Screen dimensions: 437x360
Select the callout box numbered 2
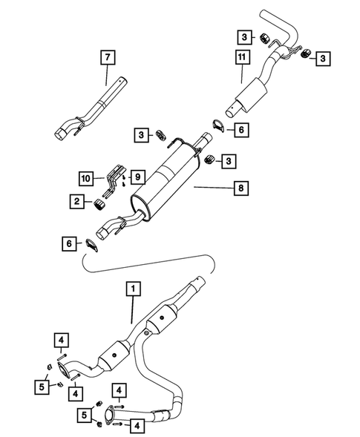[76, 200]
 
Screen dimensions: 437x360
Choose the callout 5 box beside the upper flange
[43, 385]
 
